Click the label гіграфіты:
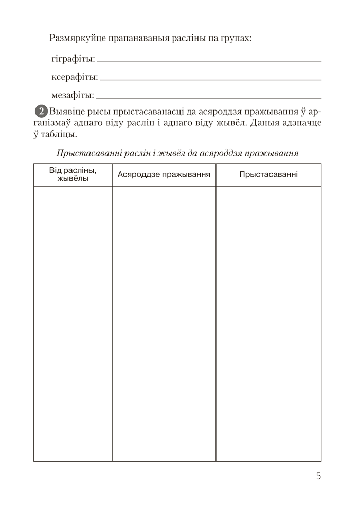point(73,59)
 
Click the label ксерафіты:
point(75,77)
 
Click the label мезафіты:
point(73,95)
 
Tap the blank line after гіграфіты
point(209,61)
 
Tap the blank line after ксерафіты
point(211,79)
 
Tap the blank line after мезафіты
point(209,97)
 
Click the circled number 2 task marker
point(41,111)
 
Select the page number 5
point(319,475)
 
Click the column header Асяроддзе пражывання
point(164,175)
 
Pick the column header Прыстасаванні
point(268,175)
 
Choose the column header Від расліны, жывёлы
point(73,175)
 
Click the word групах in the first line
point(236,39)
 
